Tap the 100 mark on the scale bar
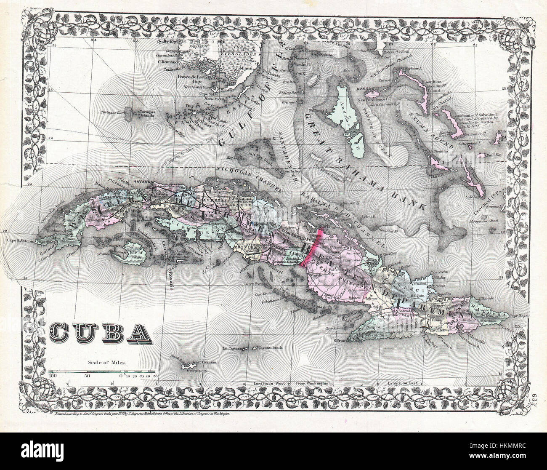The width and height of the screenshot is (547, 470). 53,376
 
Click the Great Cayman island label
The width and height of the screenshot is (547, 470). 197,362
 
